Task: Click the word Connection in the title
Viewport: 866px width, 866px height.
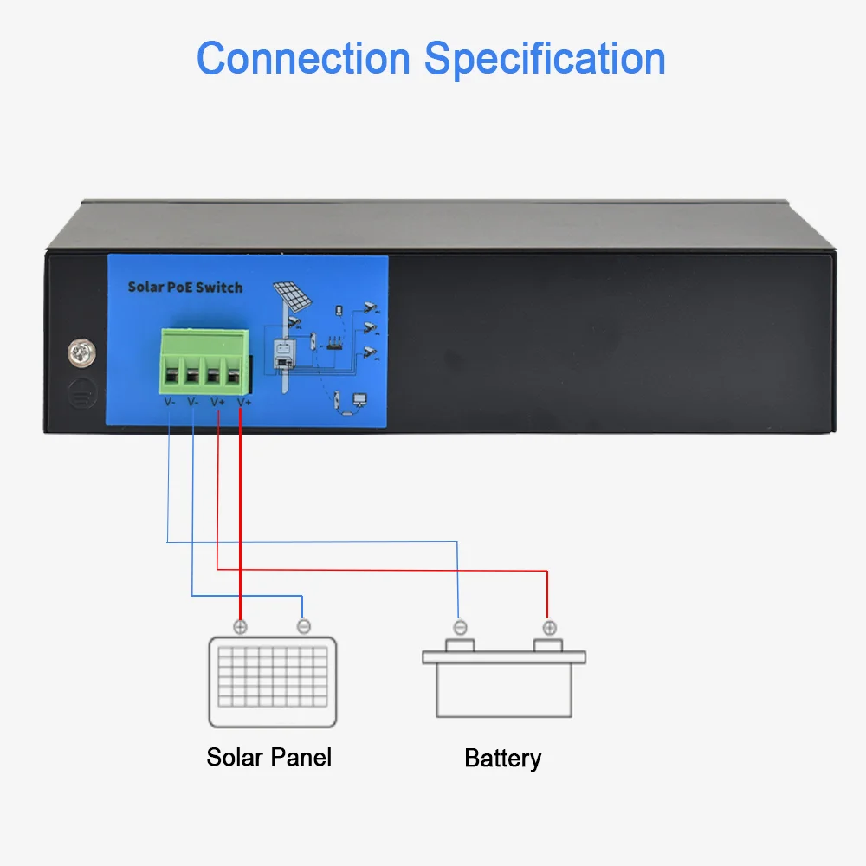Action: [303, 59]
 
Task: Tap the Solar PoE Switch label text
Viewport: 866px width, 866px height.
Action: [184, 287]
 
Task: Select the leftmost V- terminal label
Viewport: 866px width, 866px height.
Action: [169, 403]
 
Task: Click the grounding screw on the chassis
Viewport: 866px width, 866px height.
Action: [80, 352]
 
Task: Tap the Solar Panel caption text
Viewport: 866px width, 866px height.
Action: [268, 757]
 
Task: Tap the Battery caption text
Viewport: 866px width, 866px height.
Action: [502, 759]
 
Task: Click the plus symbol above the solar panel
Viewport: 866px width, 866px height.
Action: [240, 626]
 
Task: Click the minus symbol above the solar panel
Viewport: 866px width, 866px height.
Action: [303, 626]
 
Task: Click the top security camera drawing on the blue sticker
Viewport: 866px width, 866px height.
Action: [371, 307]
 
